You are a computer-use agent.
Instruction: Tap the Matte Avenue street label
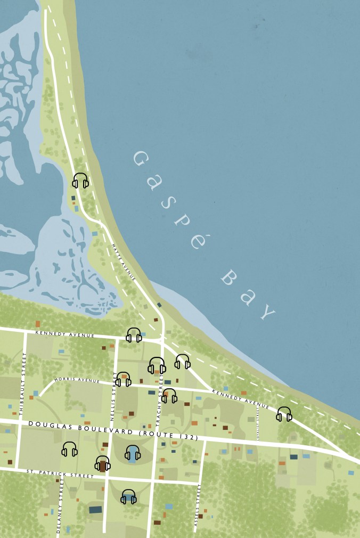[124, 262]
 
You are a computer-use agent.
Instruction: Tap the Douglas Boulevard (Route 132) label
[113, 430]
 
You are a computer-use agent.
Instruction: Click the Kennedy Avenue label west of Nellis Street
[64, 334]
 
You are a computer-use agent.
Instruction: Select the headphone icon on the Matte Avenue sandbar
[80, 181]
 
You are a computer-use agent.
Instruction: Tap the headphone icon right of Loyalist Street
[284, 414]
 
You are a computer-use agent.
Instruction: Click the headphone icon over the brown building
[103, 463]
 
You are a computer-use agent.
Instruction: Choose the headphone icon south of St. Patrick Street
[128, 496]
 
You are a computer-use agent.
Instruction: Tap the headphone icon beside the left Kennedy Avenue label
[134, 335]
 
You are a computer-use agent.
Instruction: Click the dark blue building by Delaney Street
[95, 510]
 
